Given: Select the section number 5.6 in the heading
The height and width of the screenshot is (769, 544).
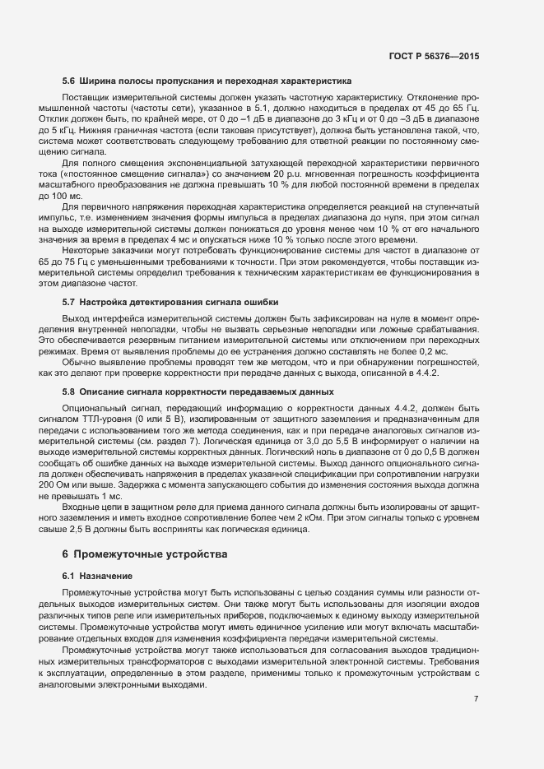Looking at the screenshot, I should click(68, 81).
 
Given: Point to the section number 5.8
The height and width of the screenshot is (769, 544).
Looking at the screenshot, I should click(68, 391).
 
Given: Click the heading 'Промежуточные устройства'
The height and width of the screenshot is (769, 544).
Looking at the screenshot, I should click(151, 554).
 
